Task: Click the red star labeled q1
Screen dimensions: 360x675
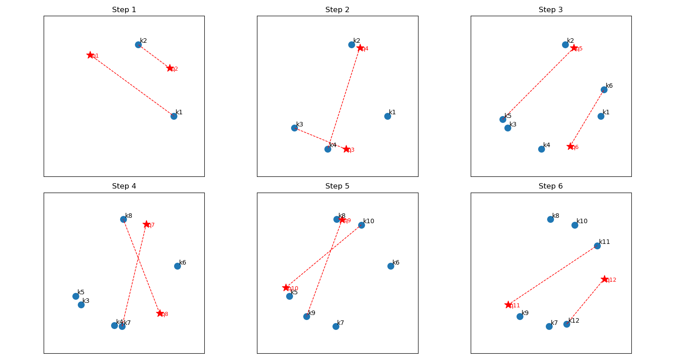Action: pos(90,55)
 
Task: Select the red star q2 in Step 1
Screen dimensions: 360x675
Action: pos(170,68)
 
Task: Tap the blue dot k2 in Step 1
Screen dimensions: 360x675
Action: pos(138,45)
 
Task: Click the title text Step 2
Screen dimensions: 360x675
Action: pos(337,10)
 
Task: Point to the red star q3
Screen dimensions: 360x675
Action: pos(346,149)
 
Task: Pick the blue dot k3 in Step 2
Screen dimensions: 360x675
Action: pos(294,128)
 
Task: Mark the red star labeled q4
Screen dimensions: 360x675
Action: pos(360,48)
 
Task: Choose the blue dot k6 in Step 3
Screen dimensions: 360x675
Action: pos(604,90)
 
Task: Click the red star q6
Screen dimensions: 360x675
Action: pos(571,146)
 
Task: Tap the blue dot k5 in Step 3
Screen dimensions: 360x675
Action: pos(503,119)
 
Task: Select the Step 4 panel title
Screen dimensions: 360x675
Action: pos(124,186)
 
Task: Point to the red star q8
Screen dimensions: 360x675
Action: pos(160,313)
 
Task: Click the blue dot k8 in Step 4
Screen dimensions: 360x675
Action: pos(123,219)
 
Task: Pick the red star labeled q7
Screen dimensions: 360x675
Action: pos(146,224)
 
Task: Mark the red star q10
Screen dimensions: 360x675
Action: pos(286,288)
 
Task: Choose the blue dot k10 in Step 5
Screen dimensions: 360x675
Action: pos(361,225)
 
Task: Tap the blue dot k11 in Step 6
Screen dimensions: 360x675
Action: pos(597,246)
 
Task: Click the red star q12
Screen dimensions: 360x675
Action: pos(604,279)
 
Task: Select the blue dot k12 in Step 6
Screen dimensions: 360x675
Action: pos(567,324)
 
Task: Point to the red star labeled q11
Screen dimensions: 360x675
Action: pos(508,305)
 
